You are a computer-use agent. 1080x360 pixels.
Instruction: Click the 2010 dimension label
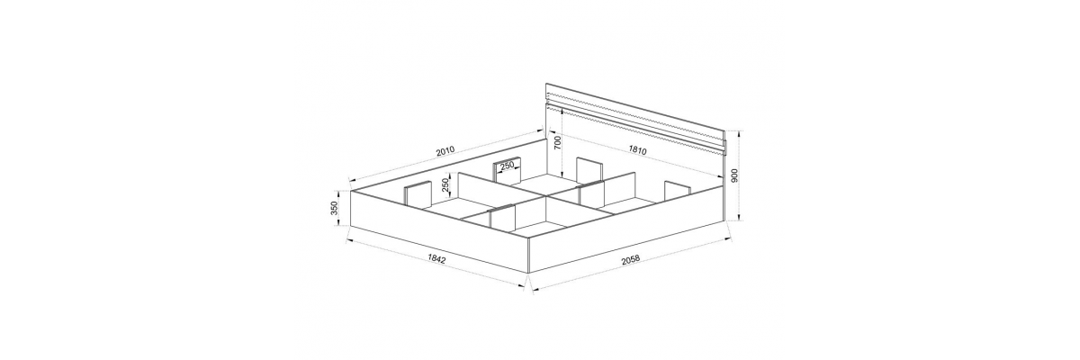click(445, 151)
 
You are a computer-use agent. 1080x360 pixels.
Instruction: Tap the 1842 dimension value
click(436, 259)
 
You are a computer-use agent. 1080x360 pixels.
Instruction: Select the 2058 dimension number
click(630, 260)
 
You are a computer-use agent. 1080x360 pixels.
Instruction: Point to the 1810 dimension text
click(637, 150)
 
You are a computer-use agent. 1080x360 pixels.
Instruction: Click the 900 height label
click(734, 176)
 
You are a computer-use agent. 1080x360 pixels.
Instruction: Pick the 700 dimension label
click(557, 143)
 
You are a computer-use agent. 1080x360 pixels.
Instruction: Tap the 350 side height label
click(335, 208)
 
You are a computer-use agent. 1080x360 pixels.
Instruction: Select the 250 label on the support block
click(507, 166)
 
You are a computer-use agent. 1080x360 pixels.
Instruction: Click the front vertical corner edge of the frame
click(528, 255)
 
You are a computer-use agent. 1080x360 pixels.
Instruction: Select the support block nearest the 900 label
click(677, 191)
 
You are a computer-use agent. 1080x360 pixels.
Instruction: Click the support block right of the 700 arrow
click(589, 173)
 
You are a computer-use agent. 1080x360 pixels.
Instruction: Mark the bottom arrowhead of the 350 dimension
click(339, 222)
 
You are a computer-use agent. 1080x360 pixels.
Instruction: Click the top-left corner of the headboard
click(545, 84)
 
